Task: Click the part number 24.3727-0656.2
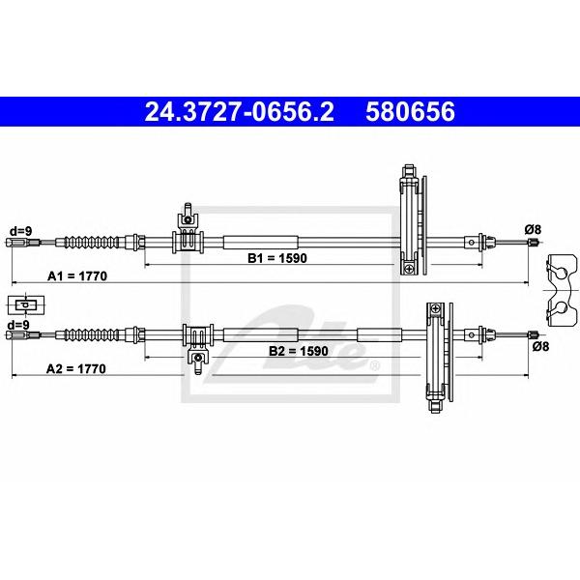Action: (x=240, y=112)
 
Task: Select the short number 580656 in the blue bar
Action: (x=410, y=112)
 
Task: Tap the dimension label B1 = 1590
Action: (x=277, y=258)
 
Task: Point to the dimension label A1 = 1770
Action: (x=77, y=275)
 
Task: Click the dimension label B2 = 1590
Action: (x=298, y=351)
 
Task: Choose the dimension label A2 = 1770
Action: (x=75, y=369)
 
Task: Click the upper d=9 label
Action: (x=20, y=231)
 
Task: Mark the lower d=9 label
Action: (x=18, y=325)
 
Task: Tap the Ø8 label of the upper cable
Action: (x=533, y=230)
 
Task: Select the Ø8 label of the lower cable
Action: (x=540, y=346)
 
